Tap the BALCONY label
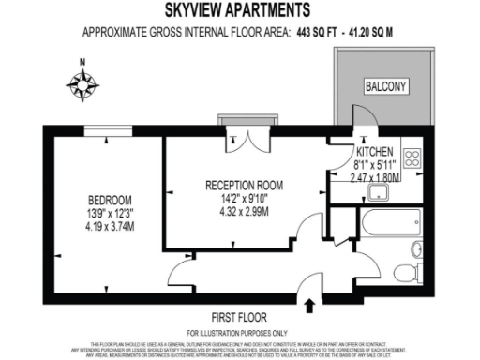click(385, 87)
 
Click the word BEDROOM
click(110, 200)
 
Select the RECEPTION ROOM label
click(244, 185)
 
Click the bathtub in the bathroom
click(385, 224)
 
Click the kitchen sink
click(380, 194)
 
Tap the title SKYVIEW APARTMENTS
click(239, 11)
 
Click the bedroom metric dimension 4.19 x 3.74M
click(110, 225)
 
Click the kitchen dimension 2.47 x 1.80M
click(375, 176)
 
